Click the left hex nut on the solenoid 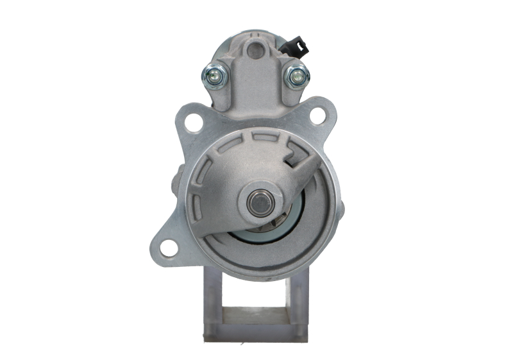click(212, 76)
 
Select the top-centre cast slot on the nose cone click(260, 136)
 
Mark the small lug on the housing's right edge click(341, 209)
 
